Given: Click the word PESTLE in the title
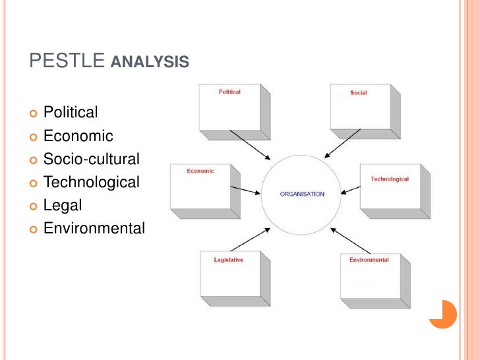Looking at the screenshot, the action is pyautogui.click(x=67, y=62).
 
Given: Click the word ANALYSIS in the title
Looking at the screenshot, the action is pyautogui.click(x=150, y=63).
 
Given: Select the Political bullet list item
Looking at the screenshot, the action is pyautogui.click(x=71, y=113).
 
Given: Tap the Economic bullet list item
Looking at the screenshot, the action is pyautogui.click(x=78, y=136).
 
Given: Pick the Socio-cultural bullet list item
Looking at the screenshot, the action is pyautogui.click(x=92, y=159).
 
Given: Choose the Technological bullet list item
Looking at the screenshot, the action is pyautogui.click(x=92, y=182).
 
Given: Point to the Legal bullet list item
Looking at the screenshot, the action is pyautogui.click(x=63, y=205).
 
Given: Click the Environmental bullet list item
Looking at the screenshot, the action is pyautogui.click(x=94, y=228).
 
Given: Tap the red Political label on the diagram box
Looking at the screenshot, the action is pyautogui.click(x=230, y=92).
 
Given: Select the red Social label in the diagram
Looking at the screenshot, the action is pyautogui.click(x=359, y=93).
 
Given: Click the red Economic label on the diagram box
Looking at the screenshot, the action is pyautogui.click(x=200, y=171).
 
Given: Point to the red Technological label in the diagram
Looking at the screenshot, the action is pyautogui.click(x=390, y=179).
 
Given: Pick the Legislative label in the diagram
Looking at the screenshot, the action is pyautogui.click(x=229, y=260).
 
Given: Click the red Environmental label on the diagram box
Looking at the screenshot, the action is pyautogui.click(x=369, y=260).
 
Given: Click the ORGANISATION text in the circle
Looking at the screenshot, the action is pyautogui.click(x=303, y=194).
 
